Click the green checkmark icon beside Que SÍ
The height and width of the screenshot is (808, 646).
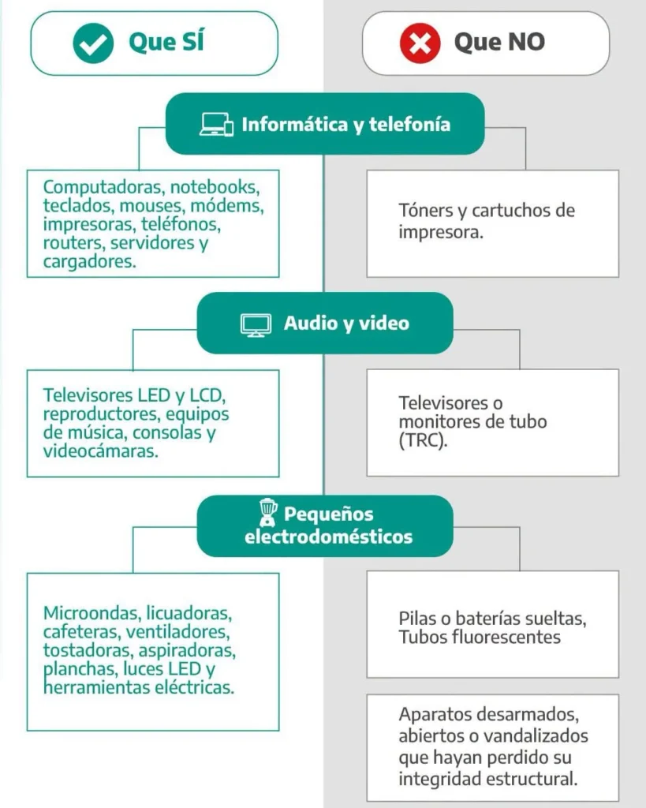tap(93, 43)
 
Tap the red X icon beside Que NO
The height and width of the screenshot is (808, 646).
tap(420, 43)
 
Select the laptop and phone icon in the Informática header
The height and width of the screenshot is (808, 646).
tap(216, 124)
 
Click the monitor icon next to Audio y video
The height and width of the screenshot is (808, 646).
tap(256, 324)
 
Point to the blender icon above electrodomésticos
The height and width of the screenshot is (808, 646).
tap(267, 511)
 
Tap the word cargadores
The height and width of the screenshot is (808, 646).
tap(89, 261)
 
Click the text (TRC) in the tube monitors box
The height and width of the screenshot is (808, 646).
tap(423, 440)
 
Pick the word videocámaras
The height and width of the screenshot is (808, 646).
tap(100, 451)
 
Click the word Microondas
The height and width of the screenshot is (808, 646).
tap(92, 613)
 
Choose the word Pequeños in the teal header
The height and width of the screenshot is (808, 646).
tap(329, 514)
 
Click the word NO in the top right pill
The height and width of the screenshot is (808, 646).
tap(526, 43)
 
